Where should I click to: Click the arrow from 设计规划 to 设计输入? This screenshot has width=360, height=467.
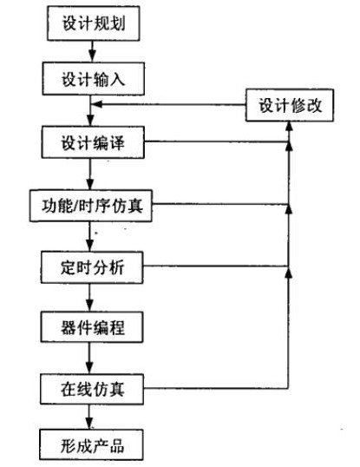point(89,51)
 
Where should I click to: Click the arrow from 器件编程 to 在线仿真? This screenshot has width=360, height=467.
point(89,358)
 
